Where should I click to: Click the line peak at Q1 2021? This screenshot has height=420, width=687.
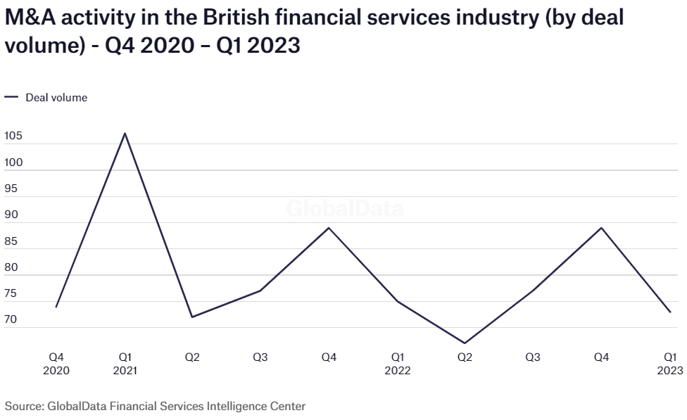[125, 133]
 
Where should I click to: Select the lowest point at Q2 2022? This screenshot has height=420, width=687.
[465, 343]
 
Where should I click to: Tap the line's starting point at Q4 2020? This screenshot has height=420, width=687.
[56, 307]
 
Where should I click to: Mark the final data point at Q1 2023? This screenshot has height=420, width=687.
[669, 312]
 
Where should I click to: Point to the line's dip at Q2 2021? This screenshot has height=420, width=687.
[192, 317]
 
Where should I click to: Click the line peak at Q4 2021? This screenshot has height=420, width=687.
[329, 227]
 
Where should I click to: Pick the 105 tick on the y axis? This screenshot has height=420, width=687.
[13, 136]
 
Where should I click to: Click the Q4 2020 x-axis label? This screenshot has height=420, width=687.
[56, 364]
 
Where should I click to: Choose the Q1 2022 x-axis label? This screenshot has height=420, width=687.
[397, 364]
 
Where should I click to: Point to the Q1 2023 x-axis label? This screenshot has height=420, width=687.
[669, 364]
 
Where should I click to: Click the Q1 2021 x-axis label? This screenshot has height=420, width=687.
[125, 364]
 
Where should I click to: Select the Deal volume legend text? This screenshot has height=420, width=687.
[56, 98]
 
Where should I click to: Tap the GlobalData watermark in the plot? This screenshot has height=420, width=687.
[345, 209]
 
